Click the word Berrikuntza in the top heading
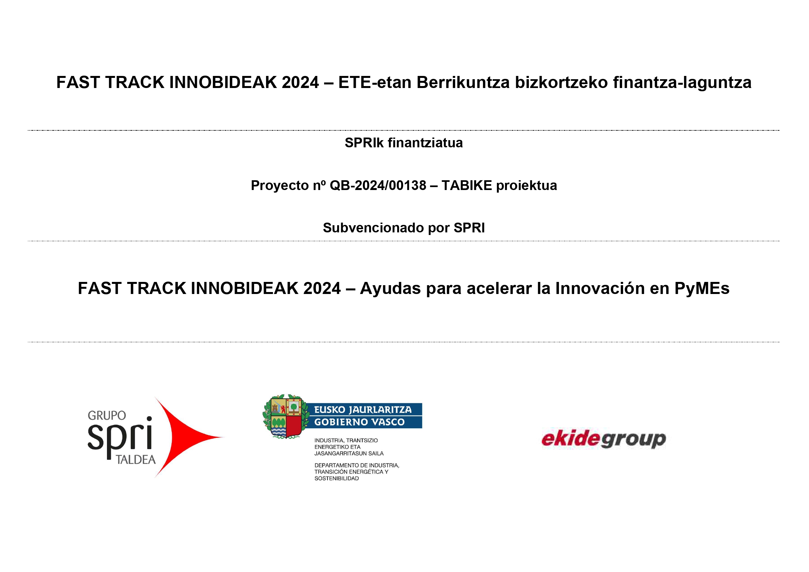click(x=463, y=82)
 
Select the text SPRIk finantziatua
click(x=403, y=143)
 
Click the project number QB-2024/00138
click(x=378, y=185)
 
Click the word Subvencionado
click(x=373, y=228)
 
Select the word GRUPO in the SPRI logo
click(x=107, y=416)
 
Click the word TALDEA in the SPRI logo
click(x=136, y=460)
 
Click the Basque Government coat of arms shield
click(x=286, y=417)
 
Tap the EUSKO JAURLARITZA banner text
click(x=363, y=410)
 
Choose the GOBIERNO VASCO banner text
click(x=359, y=422)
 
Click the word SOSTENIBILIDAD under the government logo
click(x=337, y=478)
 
